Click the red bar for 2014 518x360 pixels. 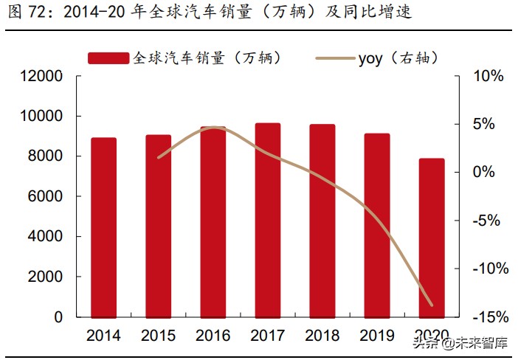104,227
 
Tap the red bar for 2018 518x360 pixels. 322,221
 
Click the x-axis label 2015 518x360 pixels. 159,336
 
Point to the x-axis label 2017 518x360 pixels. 268,336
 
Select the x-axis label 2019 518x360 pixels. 377,336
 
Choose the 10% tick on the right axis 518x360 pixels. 488,76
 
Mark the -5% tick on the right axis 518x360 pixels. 489,221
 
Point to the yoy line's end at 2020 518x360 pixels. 432,305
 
